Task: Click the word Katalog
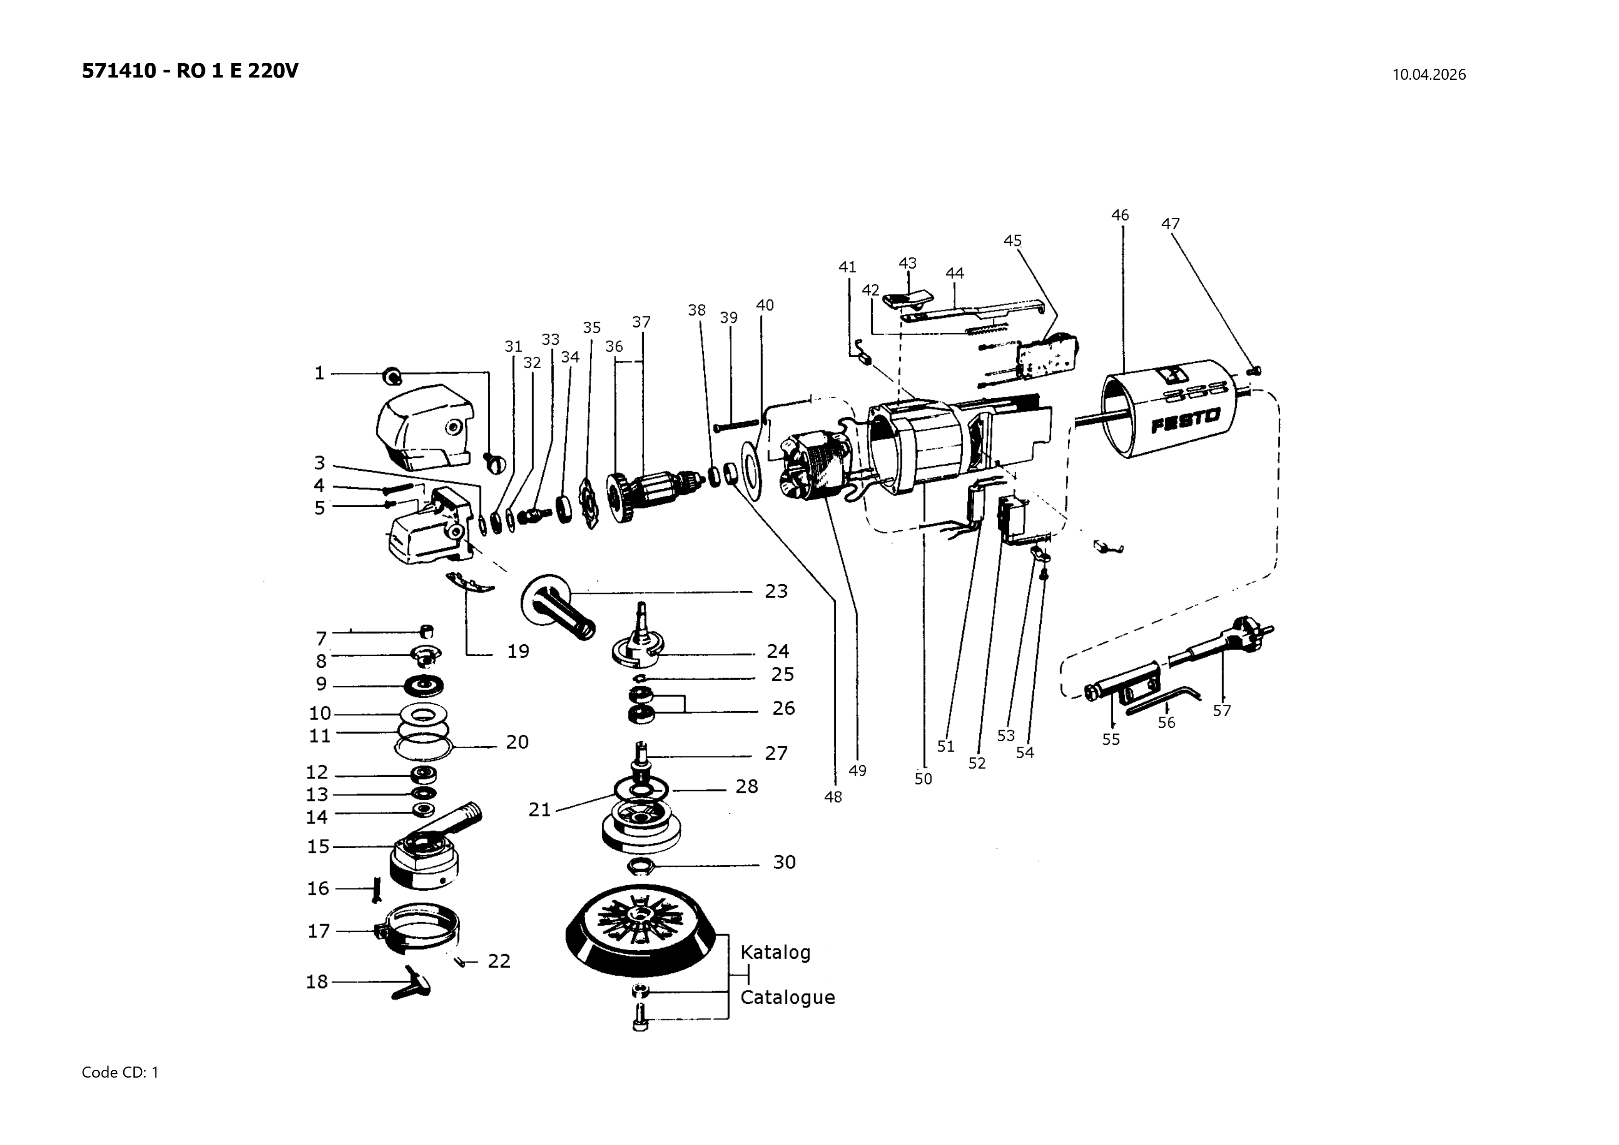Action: (x=775, y=953)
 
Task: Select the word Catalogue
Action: (x=787, y=998)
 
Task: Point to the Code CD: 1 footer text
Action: (x=120, y=1073)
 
